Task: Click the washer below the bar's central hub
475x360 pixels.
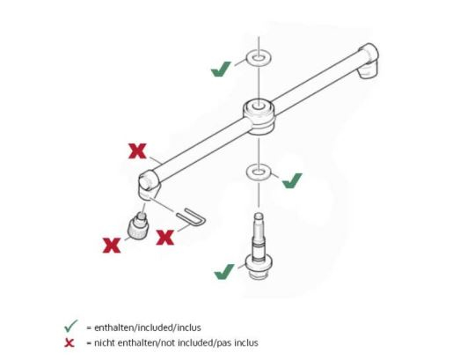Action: (258, 169)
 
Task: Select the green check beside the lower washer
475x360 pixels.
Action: (291, 180)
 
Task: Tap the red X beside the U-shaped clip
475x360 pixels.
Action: (164, 237)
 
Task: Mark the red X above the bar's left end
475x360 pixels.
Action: (137, 151)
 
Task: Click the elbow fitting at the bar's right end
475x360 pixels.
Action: (369, 62)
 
